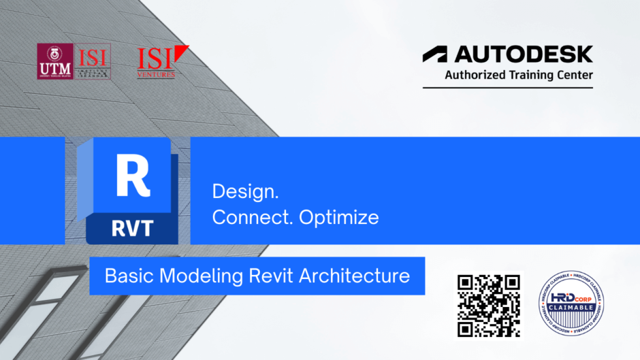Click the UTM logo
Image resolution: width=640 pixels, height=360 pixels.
pos(56,61)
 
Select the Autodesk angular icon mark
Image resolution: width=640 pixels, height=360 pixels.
pos(435,54)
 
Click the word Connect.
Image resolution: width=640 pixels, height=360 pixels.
pos(252,218)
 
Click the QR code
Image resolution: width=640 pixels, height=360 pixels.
pos(489,305)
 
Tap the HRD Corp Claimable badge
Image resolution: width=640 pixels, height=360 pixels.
pos(570,304)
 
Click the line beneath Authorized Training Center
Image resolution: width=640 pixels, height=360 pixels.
pos(507,88)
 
